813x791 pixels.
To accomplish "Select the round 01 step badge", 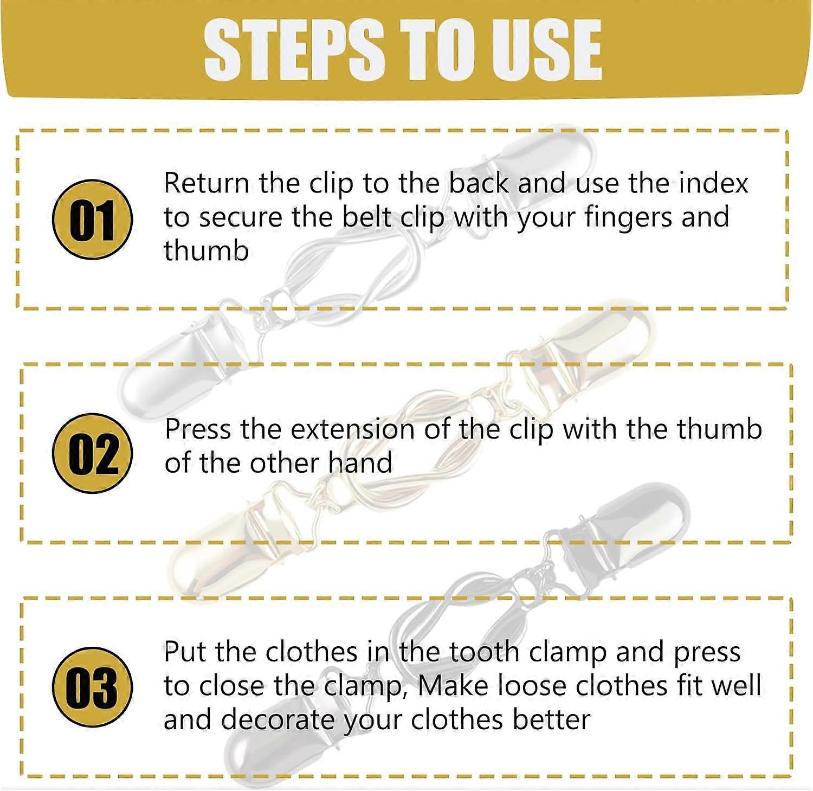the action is (93, 220).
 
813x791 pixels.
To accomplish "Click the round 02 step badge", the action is (93, 453).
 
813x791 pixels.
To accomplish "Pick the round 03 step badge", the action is (93, 687).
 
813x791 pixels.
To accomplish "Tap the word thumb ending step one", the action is (207, 250).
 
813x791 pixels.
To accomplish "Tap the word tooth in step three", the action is (485, 652).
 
